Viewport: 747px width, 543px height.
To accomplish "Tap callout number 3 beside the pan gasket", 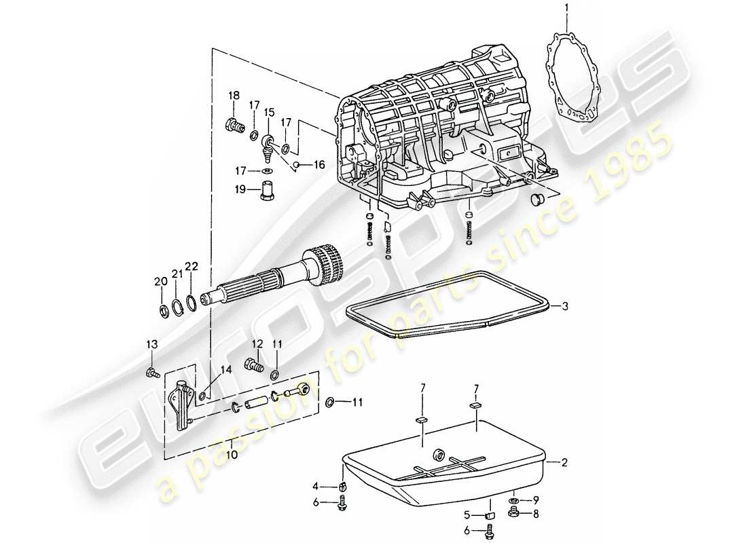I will [x=565, y=307].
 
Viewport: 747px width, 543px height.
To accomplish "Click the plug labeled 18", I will [x=234, y=125].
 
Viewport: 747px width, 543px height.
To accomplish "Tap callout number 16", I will [x=319, y=164].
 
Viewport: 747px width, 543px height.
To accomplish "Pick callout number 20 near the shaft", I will [x=160, y=282].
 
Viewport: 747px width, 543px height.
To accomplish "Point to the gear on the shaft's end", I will [x=324, y=263].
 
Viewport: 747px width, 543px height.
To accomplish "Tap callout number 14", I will [x=226, y=370].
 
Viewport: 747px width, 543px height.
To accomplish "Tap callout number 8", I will [x=538, y=514].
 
